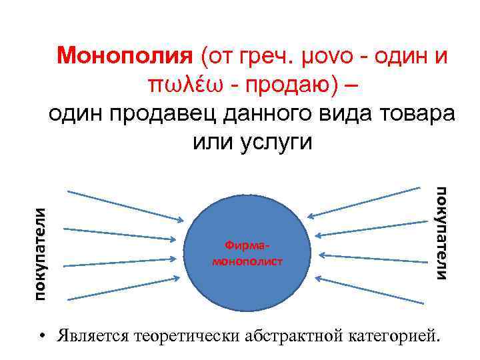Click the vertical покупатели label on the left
click(41, 253)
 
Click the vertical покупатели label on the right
click(442, 233)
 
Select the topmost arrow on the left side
click(126, 205)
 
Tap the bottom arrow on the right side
click(370, 290)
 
